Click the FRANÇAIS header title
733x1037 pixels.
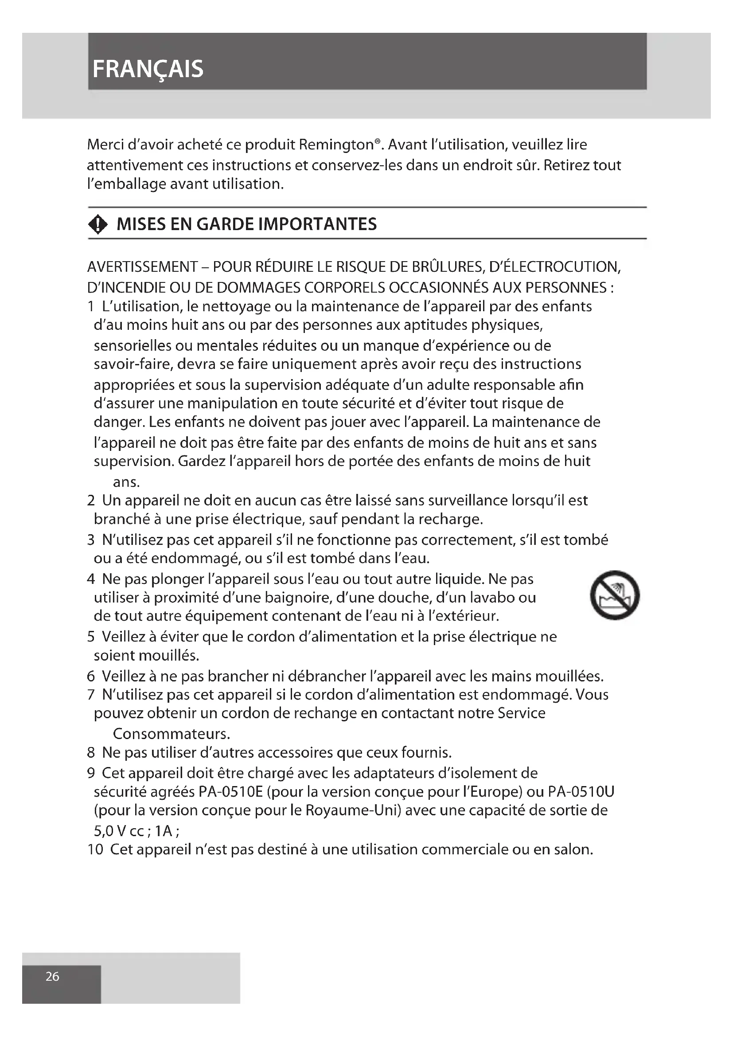[148, 69]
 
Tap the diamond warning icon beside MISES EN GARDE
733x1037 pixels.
[98, 224]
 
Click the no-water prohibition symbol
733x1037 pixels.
[615, 595]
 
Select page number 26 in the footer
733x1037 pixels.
[52, 976]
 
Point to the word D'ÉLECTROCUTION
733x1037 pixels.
[555, 267]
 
